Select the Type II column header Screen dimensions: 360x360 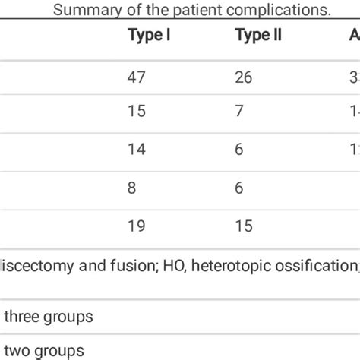pos(258,36)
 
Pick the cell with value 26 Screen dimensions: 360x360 pos(245,77)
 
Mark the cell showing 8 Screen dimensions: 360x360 pos(132,187)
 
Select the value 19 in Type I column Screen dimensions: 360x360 pos(137,224)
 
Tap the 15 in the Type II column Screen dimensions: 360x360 pos(244,224)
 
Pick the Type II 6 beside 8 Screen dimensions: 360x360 pos(239,187)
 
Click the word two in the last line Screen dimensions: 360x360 pos(17,351)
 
